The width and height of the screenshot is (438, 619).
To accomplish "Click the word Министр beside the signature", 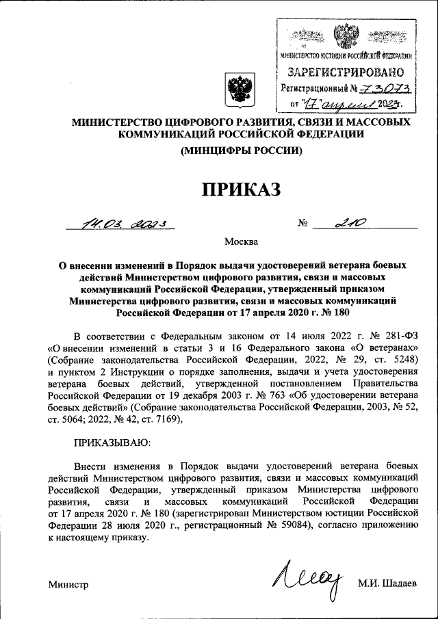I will pos(68,584).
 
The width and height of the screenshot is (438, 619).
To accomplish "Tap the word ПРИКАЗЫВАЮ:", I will pos(109,444).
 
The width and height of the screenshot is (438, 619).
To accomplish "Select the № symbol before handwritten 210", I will pos(305,223).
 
